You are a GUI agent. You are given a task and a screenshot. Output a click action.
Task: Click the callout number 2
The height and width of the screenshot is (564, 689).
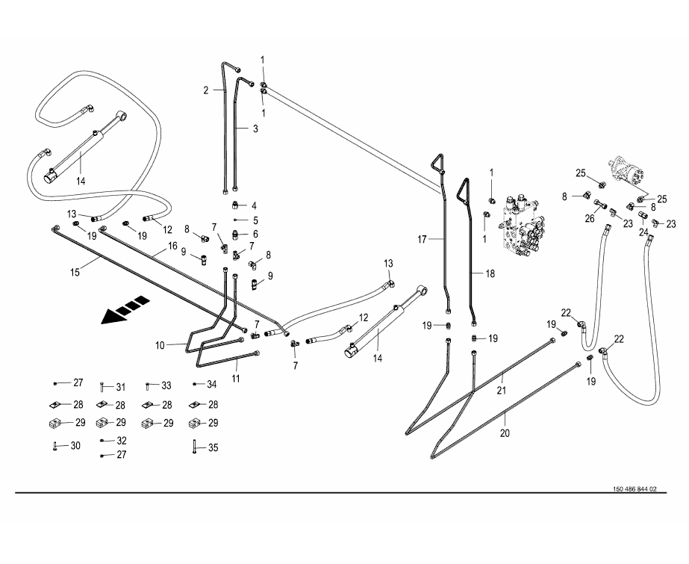coord(206,90)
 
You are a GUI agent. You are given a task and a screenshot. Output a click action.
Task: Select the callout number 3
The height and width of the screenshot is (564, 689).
coord(255,128)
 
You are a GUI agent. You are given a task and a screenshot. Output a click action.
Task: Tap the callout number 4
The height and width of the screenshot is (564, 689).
coord(254,205)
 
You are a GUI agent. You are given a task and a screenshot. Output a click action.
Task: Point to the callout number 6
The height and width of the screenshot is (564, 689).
coord(255,233)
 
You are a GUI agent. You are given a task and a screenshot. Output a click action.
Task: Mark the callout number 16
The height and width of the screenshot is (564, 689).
coord(172,246)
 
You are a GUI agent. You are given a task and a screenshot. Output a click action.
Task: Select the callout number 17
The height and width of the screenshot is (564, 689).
coord(422,239)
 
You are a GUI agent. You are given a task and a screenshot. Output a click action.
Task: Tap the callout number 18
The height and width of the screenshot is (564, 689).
coord(490,273)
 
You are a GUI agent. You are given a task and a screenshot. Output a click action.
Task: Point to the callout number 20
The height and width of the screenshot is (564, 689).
coord(504,432)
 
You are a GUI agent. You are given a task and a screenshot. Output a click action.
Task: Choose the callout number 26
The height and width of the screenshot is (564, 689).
coord(589,218)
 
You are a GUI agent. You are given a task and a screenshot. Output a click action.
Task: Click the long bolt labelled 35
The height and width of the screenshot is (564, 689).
coord(193,448)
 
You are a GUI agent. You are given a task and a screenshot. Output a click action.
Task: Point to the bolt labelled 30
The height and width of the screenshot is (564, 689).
coord(55,447)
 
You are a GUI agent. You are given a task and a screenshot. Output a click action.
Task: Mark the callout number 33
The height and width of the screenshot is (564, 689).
coord(166,385)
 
